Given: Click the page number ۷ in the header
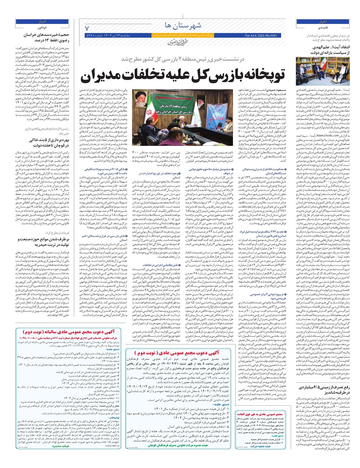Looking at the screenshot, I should [87, 29].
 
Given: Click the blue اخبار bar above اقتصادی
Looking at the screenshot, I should [323, 22].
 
